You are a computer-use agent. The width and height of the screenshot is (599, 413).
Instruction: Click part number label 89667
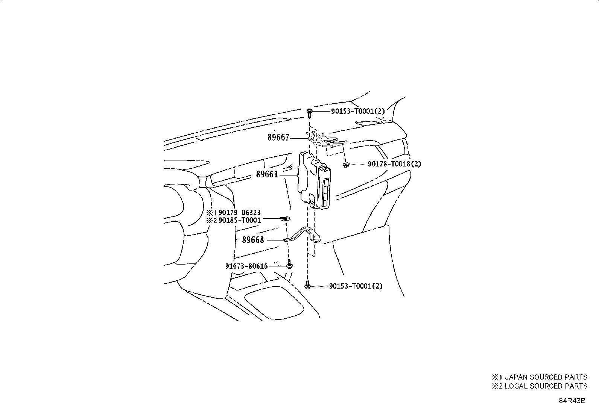click(x=278, y=138)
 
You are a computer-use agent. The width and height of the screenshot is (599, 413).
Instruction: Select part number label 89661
click(x=267, y=174)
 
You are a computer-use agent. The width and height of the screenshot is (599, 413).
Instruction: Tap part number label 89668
click(x=253, y=240)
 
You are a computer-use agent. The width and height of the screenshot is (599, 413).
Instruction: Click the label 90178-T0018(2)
click(x=394, y=164)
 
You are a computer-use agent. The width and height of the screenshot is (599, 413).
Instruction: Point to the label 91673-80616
click(x=246, y=266)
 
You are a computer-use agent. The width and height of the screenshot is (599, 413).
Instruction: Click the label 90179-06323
click(x=240, y=213)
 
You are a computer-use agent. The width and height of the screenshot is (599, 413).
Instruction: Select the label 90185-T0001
click(x=240, y=220)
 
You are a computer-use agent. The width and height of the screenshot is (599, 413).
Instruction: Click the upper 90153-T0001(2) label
click(x=358, y=111)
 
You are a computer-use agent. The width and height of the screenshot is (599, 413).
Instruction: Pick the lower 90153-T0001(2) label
click(x=356, y=286)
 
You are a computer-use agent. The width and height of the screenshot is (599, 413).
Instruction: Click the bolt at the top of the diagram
click(x=309, y=113)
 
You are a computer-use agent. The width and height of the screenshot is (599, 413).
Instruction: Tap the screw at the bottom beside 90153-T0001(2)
click(x=307, y=284)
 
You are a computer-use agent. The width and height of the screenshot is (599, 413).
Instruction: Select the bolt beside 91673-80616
click(x=289, y=264)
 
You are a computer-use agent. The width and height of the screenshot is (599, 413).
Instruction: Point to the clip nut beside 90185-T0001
click(x=286, y=219)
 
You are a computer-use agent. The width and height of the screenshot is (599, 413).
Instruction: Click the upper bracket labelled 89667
click(x=326, y=140)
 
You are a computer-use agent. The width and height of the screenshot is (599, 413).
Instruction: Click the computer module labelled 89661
click(x=315, y=181)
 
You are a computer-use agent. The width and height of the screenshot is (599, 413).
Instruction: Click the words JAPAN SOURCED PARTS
click(x=546, y=377)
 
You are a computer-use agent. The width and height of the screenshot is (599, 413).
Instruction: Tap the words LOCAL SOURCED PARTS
click(x=546, y=386)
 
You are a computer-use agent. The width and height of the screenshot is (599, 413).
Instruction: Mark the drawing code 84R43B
click(x=572, y=401)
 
